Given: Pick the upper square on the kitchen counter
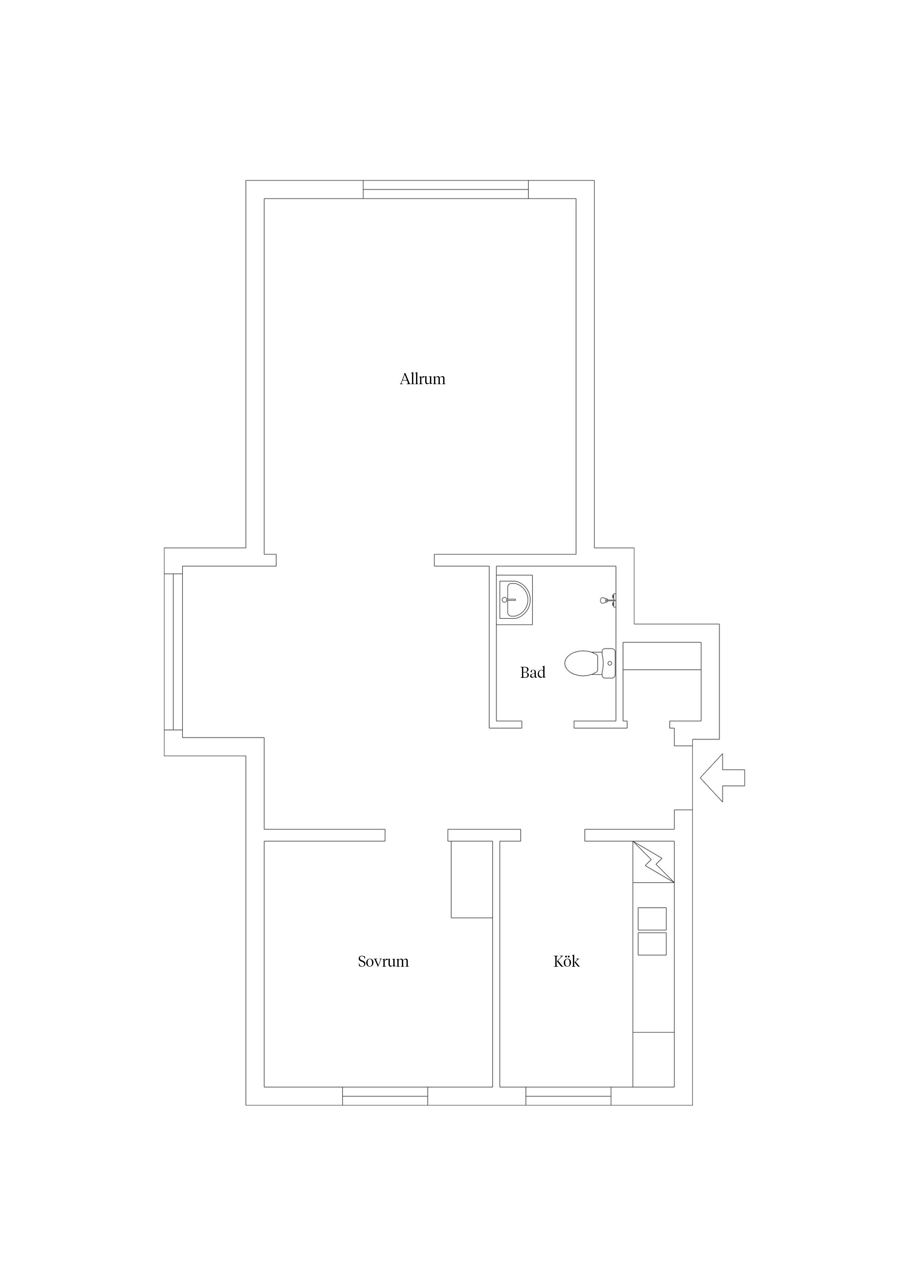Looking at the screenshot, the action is point(652,919).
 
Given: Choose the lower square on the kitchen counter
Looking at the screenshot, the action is point(652,944).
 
